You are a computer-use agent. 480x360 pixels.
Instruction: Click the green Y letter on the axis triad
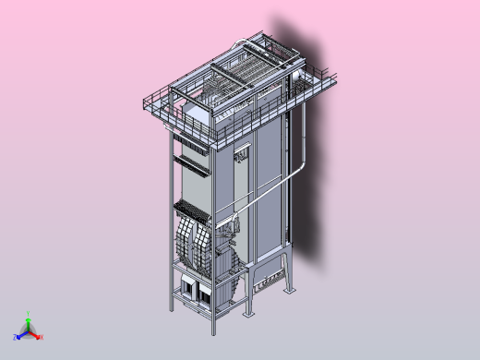[x=29, y=313]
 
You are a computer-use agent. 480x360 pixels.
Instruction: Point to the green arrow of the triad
[x=29, y=322]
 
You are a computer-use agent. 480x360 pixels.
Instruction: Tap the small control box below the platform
[x=242, y=156]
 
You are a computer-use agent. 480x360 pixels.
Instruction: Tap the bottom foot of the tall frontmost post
[x=211, y=331]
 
